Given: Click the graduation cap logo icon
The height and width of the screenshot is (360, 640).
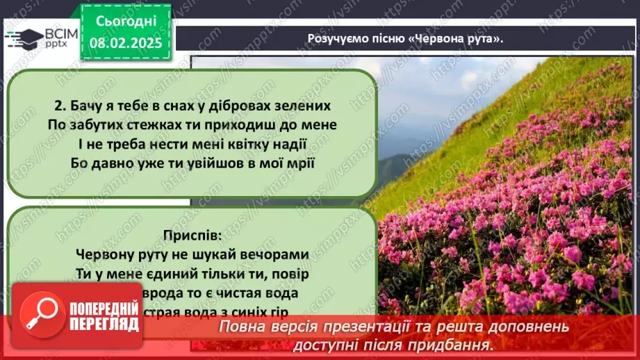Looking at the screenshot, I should [24, 38].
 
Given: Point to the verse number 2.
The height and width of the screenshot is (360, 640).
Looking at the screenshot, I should [59, 106].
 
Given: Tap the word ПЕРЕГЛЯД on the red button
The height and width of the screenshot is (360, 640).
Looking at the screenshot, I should [102, 332].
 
